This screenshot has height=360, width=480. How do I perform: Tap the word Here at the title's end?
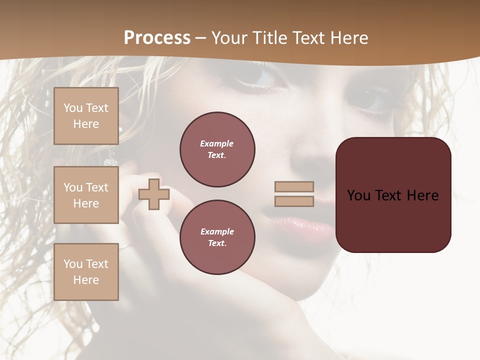click(347, 38)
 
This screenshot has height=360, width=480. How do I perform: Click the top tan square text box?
click(86, 116)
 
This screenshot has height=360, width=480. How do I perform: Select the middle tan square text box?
click(86, 195)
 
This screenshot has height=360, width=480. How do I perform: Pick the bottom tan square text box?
click(86, 272)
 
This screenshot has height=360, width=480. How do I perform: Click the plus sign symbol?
click(154, 194)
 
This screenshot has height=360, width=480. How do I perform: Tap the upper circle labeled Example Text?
click(217, 149)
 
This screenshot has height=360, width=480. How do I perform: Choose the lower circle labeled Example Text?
click(217, 237)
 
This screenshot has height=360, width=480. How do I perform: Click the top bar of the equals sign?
click(294, 186)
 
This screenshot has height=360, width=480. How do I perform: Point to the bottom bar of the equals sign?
click(294, 201)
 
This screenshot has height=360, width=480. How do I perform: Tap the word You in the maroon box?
click(358, 195)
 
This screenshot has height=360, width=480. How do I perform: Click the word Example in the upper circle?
click(216, 143)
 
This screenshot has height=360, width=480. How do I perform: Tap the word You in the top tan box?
click(73, 108)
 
